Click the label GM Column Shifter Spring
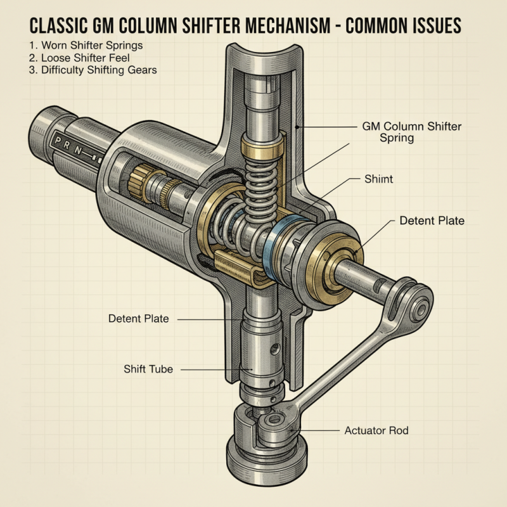[411, 132]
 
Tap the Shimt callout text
[379, 179]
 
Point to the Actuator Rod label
[376, 430]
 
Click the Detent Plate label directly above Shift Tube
[139, 318]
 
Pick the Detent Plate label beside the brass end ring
[432, 221]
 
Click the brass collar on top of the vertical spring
[261, 150]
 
